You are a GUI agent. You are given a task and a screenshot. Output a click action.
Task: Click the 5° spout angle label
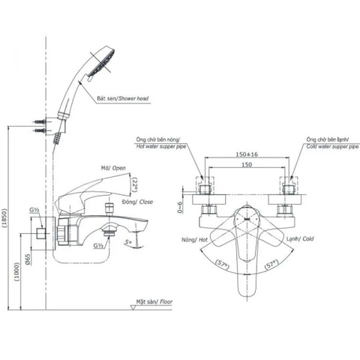pos(130,242)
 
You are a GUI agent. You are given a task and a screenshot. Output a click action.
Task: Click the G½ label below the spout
pos(100,244)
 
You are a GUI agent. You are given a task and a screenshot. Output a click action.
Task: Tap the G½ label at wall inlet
pos(35,212)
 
